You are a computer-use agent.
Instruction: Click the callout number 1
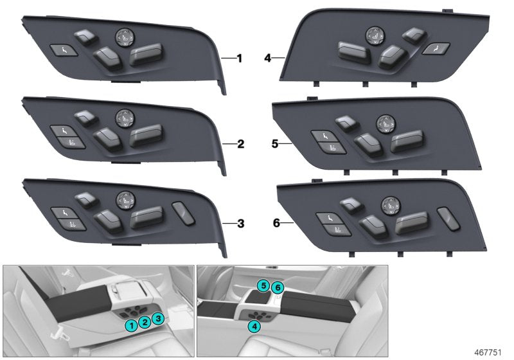pos(238,59)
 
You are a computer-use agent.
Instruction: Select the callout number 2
pos(238,145)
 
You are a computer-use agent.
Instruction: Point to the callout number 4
pos(268,59)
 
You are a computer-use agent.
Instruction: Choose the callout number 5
pos(274,145)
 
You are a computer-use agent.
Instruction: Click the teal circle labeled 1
pos(131,326)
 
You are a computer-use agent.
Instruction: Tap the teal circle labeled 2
pos(145,322)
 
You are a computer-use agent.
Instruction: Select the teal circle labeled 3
pos(159,318)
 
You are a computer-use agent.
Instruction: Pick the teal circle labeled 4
pos(255,327)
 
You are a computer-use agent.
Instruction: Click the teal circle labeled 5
pos(263,285)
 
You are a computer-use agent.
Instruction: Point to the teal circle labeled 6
pos(277,286)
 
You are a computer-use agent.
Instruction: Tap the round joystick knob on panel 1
pos(123,37)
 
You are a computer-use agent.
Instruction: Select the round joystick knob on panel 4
pos(373,37)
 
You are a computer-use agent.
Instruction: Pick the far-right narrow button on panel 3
pos(182,212)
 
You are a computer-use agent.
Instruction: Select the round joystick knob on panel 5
pos(384,121)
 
